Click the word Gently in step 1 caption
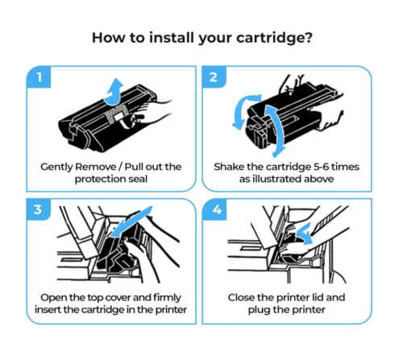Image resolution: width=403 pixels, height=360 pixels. (60, 167)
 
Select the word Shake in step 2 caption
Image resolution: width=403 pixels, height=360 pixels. (231, 167)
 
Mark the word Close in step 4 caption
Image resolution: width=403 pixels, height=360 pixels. (244, 296)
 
